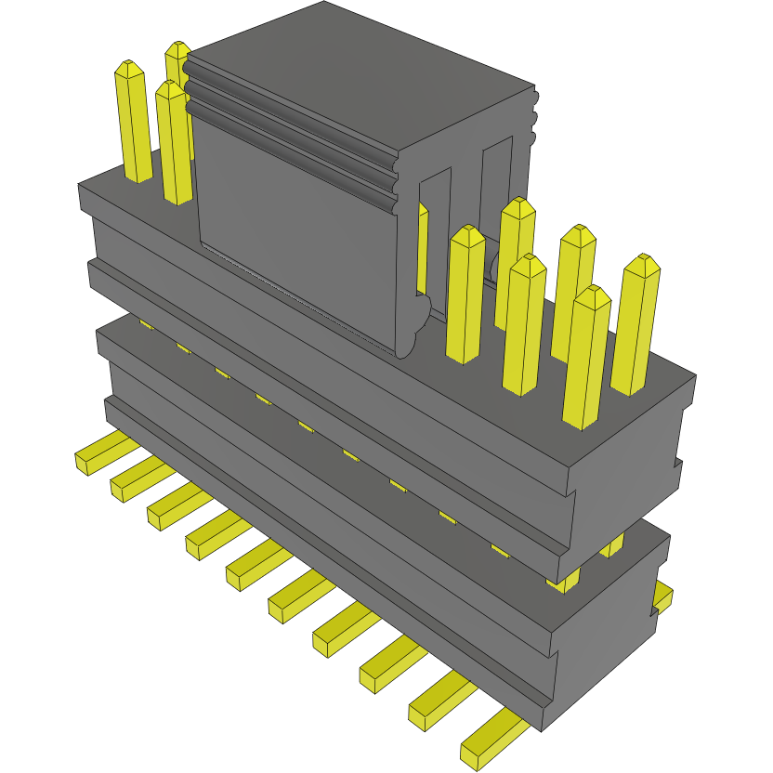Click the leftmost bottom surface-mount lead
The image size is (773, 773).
(x=93, y=456)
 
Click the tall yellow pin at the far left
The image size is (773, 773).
(x=132, y=121)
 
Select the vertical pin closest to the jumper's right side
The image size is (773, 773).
(x=465, y=293)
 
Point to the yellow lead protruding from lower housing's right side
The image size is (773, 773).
(x=662, y=596)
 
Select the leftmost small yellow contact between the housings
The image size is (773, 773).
(x=146, y=324)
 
